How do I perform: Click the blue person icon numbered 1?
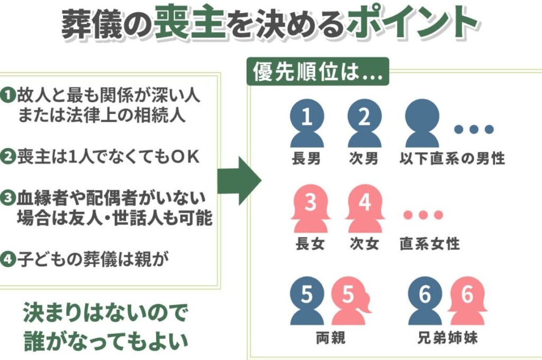[x=306, y=124]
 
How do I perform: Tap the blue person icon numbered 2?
[x=364, y=124]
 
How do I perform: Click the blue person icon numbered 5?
[x=306, y=301]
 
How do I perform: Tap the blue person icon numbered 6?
[x=424, y=301]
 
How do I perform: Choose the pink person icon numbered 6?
[x=466, y=301]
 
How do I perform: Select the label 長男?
[x=306, y=158]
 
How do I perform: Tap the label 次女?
[x=364, y=244]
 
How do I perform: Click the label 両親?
[x=329, y=338]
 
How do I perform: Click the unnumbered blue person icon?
[x=422, y=124]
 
